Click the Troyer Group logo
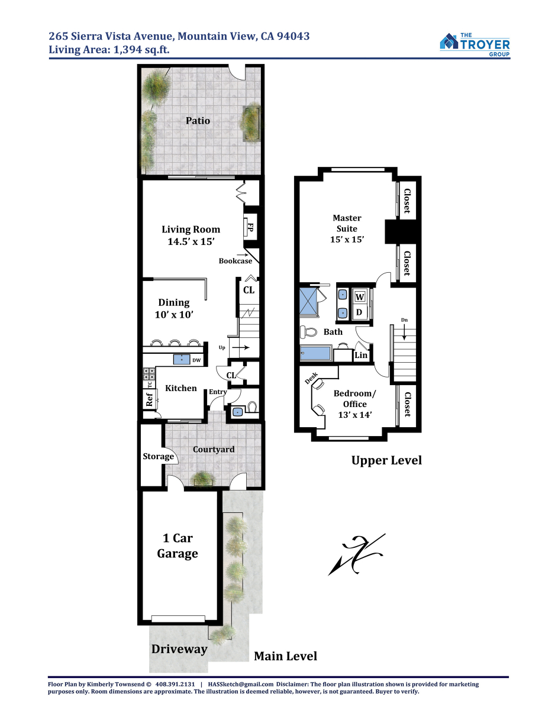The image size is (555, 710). tap(475, 44)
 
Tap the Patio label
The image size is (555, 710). tap(198, 121)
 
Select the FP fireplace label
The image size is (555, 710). tap(250, 227)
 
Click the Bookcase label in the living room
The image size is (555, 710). tap(235, 261)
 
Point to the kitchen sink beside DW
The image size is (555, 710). tap(182, 359)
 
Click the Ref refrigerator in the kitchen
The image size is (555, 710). tap(150, 399)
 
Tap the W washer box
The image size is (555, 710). tap(360, 296)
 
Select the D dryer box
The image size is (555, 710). tap(359, 312)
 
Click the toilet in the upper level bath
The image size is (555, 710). tap(308, 333)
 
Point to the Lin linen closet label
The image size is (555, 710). tap(361, 355)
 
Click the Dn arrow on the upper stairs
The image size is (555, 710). tap(404, 333)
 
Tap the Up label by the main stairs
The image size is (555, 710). tap(222, 348)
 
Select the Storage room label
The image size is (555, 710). tap(158, 456)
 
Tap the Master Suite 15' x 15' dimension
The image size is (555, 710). tap(347, 240)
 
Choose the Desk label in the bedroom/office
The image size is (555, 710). tap(311, 378)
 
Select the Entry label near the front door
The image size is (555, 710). tap(218, 392)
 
